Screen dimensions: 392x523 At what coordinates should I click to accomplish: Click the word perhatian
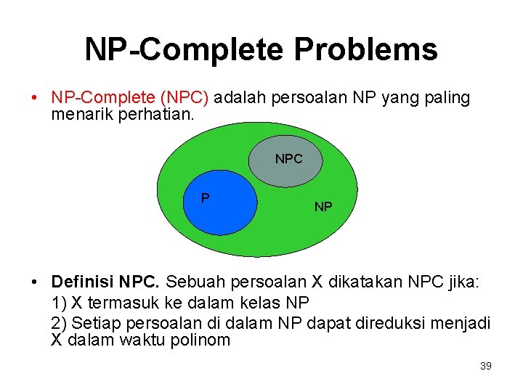[x=156, y=113]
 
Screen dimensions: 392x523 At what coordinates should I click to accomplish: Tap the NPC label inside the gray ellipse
[x=288, y=159]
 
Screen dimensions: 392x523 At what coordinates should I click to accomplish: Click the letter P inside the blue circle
[x=206, y=198]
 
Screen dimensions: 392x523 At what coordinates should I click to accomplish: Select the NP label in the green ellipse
[x=323, y=208]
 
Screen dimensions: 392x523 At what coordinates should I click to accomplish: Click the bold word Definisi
[x=82, y=282]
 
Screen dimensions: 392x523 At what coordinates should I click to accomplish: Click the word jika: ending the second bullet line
[x=463, y=282]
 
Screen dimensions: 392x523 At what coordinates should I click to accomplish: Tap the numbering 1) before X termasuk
[x=60, y=302]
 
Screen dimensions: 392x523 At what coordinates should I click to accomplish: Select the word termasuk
[x=113, y=302]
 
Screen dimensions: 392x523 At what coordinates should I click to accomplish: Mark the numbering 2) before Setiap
[x=60, y=322]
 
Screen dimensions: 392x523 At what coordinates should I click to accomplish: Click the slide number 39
[x=486, y=367]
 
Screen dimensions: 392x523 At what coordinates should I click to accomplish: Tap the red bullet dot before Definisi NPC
[x=34, y=282]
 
